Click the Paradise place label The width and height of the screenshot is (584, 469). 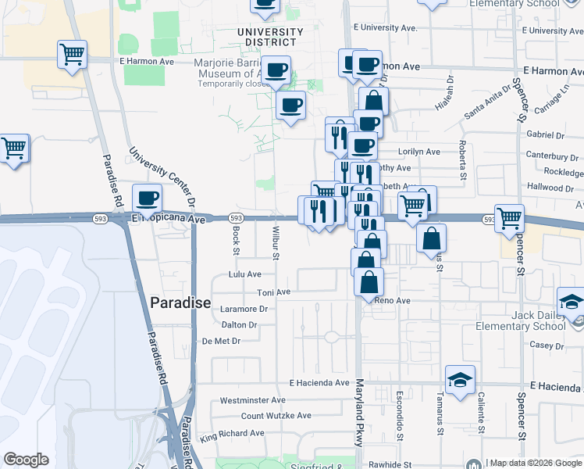180,303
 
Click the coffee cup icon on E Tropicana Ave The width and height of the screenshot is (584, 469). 147,198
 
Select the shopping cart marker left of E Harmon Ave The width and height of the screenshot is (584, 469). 72,55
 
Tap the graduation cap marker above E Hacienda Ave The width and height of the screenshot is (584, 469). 461,379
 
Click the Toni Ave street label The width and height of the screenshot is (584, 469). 274,292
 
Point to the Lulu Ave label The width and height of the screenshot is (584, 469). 244,274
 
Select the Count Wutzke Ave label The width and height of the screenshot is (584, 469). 276,416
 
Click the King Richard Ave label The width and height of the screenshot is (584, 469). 232,433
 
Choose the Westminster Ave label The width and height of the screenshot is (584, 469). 253,400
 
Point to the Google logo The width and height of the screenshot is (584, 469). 27,460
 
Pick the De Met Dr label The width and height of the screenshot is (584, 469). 221,341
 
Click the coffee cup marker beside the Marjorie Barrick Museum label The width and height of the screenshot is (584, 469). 275,70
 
